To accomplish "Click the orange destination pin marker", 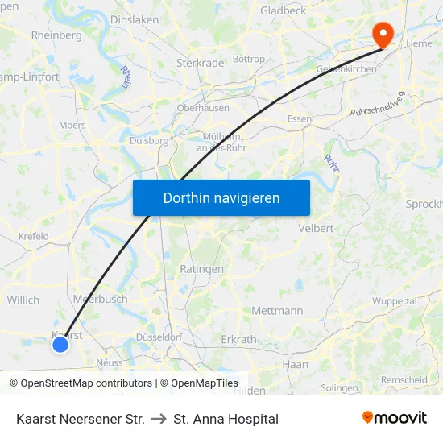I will coord(381,33).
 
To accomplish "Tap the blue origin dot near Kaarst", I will coord(60,345).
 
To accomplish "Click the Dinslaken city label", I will coord(134,19).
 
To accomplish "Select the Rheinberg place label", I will coord(56,35).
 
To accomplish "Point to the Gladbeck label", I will coord(283,11).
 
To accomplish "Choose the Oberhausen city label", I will coord(204,108).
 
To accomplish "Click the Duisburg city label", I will coord(149,140).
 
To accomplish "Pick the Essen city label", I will coord(299,119).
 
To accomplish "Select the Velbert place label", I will coord(316,228).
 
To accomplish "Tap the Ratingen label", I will coord(196,268).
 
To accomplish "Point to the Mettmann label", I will coord(277,310).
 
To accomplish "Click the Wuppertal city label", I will coord(394,300).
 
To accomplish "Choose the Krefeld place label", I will coord(34,237).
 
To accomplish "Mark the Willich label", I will coord(23,300).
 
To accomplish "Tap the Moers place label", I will coord(72,126).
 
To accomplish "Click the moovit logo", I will coord(394,418).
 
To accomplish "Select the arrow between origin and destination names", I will coord(159,419).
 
